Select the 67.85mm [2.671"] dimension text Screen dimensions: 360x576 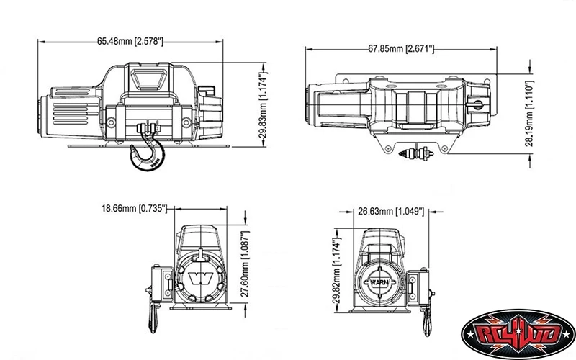pos(401,48)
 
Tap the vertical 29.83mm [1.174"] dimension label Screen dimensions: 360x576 pos(264,105)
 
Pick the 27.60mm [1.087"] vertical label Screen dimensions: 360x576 pos(244,268)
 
